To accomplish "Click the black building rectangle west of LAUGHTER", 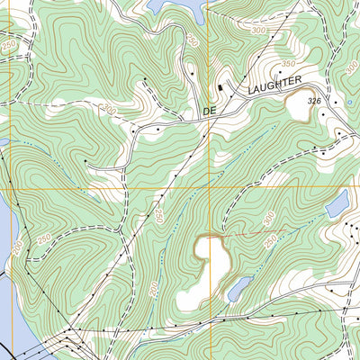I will [218, 86].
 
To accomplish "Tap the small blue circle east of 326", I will [349, 103].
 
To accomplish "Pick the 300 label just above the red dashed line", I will [267, 219].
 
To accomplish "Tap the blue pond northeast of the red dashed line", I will [337, 205].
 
